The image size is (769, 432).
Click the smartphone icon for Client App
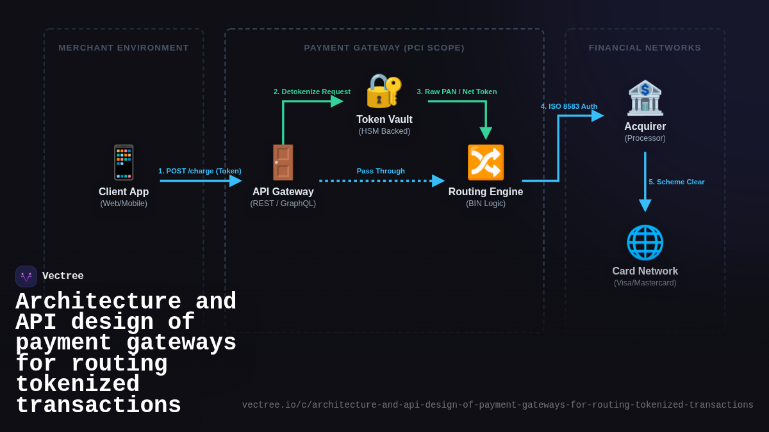124,163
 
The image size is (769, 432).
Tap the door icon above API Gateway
283,163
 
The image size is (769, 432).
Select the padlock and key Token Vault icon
384,91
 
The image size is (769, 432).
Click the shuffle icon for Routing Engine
485,163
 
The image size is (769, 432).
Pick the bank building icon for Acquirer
645,98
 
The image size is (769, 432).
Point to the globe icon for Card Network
645,243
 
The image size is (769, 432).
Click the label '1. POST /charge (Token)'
200,171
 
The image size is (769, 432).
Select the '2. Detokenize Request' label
312,92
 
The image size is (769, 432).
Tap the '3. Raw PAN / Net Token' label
457,92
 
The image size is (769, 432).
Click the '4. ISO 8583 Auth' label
569,106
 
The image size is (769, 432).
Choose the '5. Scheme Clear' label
676,182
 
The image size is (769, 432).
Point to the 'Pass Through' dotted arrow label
381,171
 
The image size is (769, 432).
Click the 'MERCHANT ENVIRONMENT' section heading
124,47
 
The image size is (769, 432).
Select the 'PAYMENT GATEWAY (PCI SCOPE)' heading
384,47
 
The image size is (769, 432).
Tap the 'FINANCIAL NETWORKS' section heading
645,47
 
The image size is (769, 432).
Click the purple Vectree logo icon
26,276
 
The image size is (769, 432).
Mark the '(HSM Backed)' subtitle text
384,131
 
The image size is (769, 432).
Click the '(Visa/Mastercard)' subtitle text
645,283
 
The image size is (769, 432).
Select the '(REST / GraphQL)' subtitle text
283,204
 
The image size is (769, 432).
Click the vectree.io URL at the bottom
497,405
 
